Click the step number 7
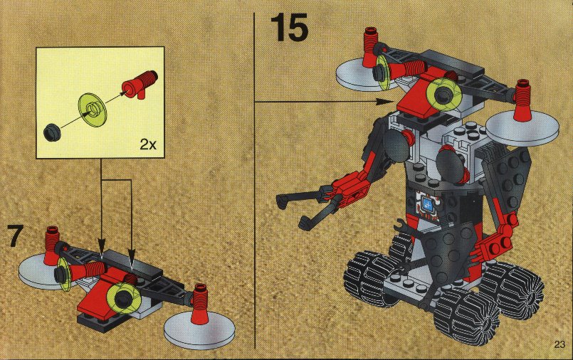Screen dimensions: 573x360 16,236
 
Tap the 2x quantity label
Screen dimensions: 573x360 148,145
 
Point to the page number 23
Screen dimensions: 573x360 559,344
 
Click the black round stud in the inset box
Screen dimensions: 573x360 51,132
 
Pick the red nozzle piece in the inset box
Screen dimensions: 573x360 140,85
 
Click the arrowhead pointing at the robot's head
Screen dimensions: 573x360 386,101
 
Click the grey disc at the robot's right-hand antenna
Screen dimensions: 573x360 522,128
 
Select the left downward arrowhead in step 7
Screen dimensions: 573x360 102,245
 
